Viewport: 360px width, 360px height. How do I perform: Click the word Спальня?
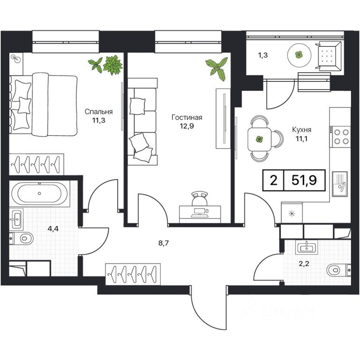[98, 112]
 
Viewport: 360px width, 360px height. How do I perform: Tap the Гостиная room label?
[187, 118]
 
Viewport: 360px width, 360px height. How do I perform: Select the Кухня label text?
[301, 130]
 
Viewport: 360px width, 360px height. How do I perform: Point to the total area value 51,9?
[304, 180]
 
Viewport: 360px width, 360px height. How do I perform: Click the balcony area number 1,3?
[263, 55]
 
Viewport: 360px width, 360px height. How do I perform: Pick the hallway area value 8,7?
[164, 243]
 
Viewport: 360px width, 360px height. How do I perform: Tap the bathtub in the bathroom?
[39, 193]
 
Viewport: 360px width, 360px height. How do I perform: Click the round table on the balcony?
[299, 55]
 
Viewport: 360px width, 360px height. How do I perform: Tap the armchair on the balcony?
[328, 55]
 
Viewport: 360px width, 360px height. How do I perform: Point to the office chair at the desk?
[200, 198]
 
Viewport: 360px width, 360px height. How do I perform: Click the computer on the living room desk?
[200, 213]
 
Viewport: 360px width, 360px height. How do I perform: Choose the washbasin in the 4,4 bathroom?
[16, 218]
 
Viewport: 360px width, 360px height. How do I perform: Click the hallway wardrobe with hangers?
[133, 274]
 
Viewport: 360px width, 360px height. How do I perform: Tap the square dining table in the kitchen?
[259, 139]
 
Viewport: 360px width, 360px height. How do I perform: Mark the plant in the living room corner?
[217, 67]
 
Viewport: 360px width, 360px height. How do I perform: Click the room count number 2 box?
[273, 180]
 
